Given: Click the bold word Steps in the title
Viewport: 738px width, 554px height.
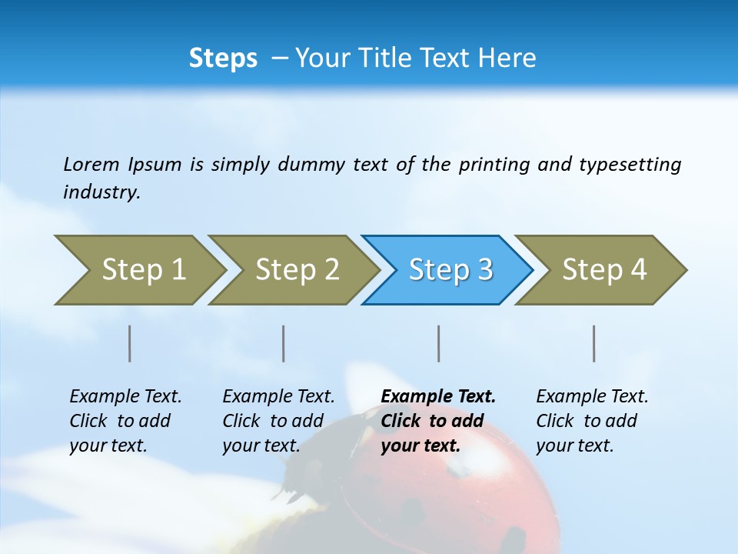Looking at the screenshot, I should pyautogui.click(x=223, y=58).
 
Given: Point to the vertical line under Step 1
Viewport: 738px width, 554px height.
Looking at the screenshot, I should pyautogui.click(x=130, y=343).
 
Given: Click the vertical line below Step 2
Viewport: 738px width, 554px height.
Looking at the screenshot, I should pyautogui.click(x=284, y=343).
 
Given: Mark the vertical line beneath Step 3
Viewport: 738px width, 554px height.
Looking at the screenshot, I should pyautogui.click(x=439, y=343).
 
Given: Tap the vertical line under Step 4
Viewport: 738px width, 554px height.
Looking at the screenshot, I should pyautogui.click(x=594, y=343).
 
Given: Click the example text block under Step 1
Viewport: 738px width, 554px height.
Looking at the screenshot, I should pyautogui.click(x=125, y=421).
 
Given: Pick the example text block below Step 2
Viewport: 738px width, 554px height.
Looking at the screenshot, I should pyautogui.click(x=278, y=421).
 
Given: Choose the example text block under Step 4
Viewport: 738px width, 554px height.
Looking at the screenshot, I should pyautogui.click(x=592, y=421).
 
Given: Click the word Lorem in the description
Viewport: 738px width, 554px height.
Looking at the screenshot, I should pyautogui.click(x=91, y=165).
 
